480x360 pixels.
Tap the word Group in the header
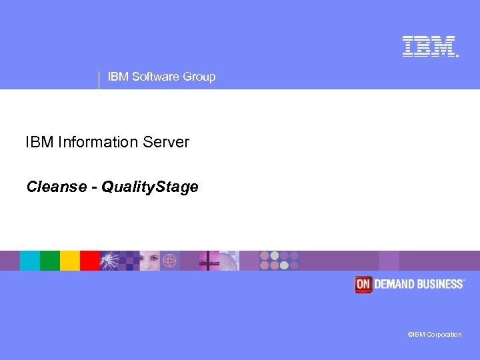pos(199,77)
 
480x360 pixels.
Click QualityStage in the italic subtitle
pos(150,187)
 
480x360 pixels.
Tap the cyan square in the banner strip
pos(29,260)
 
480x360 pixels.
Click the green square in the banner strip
pos(50,260)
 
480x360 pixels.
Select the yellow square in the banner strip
pos(70,260)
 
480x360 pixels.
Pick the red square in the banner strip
pos(90,260)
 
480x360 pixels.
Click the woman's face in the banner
pos(148,260)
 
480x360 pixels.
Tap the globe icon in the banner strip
pos(170,260)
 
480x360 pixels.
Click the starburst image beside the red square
pos(111,260)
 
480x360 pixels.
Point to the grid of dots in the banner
pos(279,260)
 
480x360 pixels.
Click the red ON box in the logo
pos(363,284)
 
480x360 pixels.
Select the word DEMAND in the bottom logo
pos(394,284)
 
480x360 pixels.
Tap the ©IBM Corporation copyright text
pos(434,335)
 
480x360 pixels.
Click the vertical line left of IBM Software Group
pos(99,79)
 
